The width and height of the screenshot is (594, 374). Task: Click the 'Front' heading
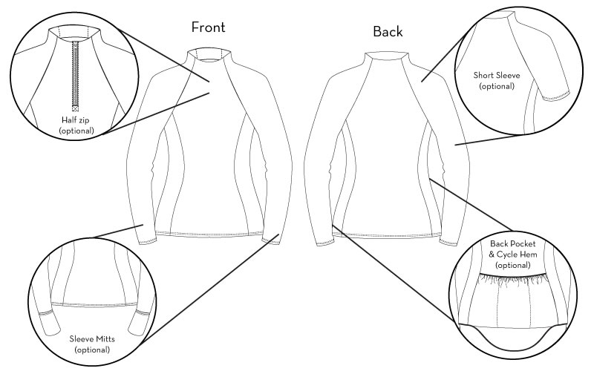(209, 27)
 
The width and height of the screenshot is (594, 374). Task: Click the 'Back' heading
(388, 31)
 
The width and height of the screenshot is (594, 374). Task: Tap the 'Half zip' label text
(76, 120)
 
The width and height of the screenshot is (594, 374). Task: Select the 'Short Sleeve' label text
(497, 75)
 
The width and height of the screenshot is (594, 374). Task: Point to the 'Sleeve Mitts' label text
(92, 339)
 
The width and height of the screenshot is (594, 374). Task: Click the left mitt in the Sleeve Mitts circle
(50, 322)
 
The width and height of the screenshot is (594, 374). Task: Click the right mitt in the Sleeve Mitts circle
(137, 322)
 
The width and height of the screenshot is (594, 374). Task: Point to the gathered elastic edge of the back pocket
(513, 279)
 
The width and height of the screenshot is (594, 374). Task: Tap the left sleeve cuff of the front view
(147, 239)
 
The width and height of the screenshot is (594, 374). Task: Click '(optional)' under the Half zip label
(76, 131)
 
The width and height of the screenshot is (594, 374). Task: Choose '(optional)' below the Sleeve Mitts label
(92, 350)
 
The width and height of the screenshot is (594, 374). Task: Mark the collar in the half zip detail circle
(71, 34)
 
